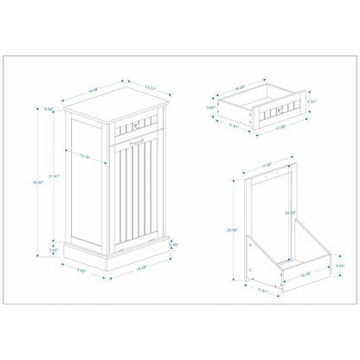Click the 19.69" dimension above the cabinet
[93, 87]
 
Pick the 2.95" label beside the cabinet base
[174, 245]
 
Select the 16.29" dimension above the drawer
[242, 86]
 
